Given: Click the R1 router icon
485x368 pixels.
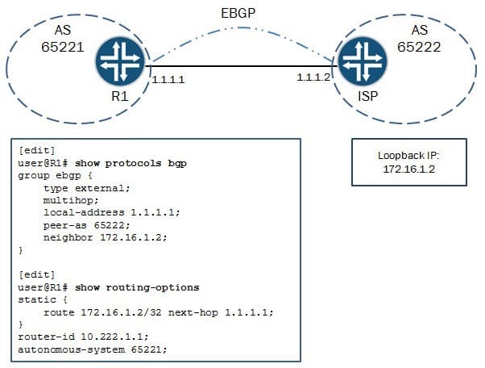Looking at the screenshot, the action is [x=120, y=61].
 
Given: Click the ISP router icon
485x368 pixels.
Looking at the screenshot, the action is [x=363, y=61].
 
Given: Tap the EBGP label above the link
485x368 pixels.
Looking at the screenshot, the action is [x=238, y=14].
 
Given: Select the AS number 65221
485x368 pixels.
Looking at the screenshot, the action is [x=63, y=47].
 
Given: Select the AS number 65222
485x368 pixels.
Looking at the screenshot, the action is [x=419, y=47].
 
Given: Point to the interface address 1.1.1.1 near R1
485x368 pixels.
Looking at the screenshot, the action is [x=168, y=80].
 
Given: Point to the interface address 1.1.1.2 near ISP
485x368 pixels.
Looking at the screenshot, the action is [x=313, y=77].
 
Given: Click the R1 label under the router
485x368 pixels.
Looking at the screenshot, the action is [x=120, y=96].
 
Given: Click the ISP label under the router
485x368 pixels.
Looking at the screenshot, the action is [x=367, y=96].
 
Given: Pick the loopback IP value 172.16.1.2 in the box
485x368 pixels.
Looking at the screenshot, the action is [x=409, y=169].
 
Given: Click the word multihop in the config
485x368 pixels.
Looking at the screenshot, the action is [x=68, y=200].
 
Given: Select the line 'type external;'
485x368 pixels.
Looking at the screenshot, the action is [x=87, y=188].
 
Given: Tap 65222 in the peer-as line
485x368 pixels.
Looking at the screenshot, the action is [x=110, y=225].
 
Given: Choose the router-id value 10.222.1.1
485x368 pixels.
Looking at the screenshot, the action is [x=112, y=337].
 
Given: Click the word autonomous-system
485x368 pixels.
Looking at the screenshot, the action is [x=72, y=349].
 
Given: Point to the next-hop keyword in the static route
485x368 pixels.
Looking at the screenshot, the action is [x=193, y=312].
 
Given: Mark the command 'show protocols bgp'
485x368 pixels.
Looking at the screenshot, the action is [x=131, y=163].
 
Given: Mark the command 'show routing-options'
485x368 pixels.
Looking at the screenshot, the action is [x=137, y=287].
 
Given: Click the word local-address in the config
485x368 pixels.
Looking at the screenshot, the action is [x=84, y=213].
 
